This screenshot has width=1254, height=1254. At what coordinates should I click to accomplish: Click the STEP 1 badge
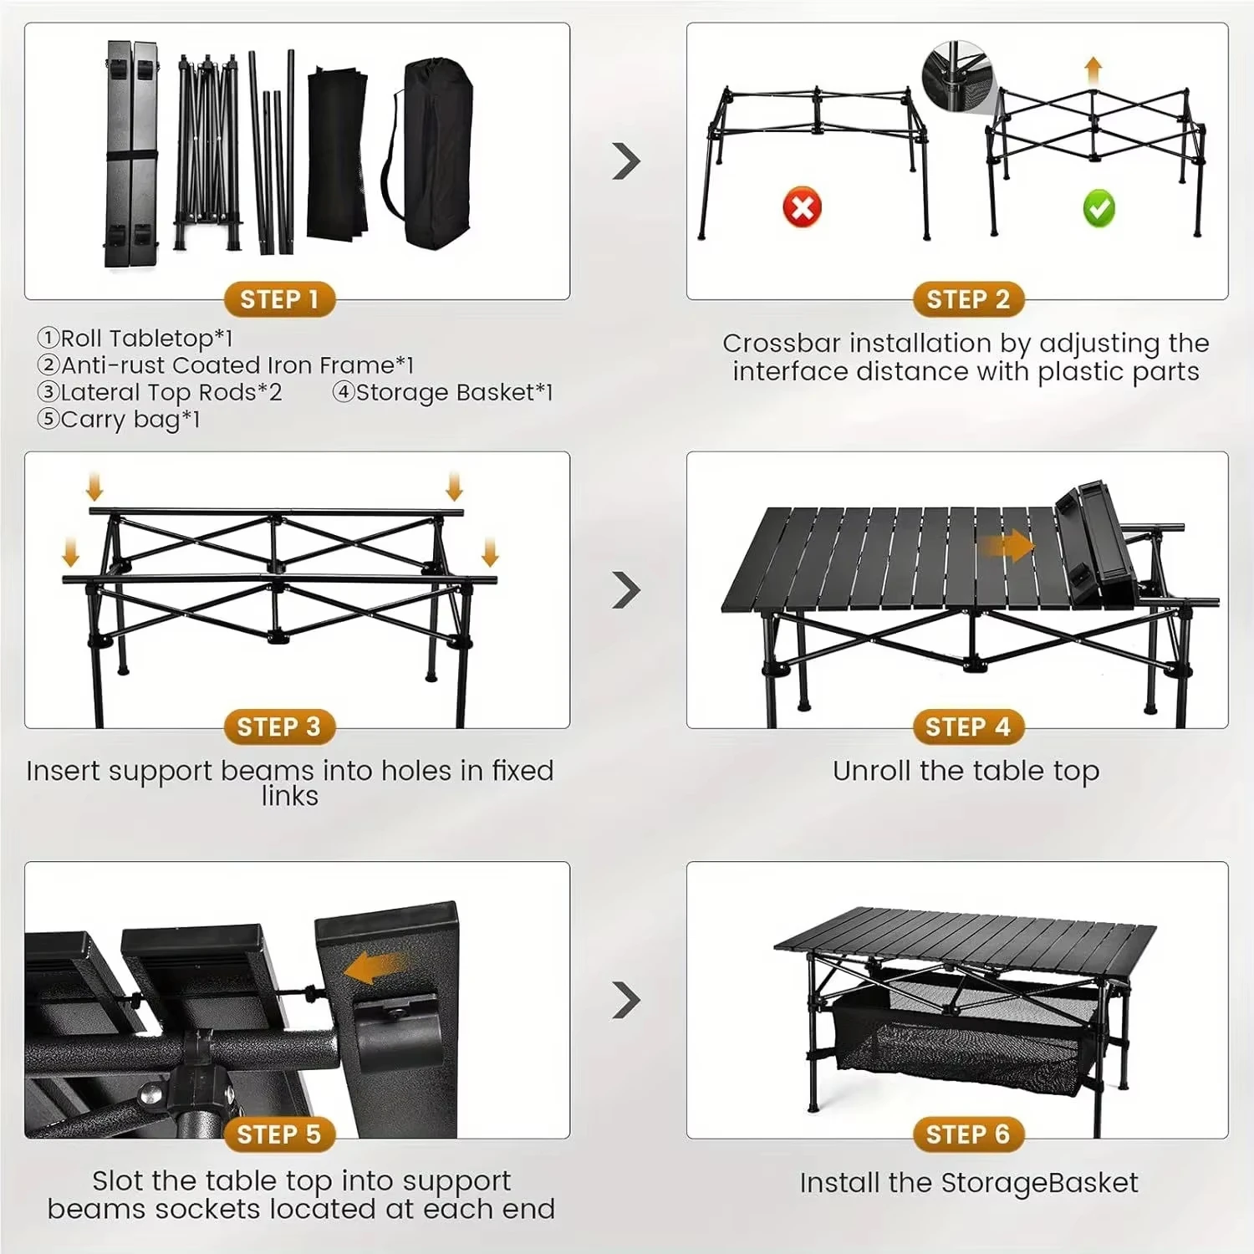(x=279, y=299)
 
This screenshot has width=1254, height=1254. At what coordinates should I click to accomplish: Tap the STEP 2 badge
(x=968, y=299)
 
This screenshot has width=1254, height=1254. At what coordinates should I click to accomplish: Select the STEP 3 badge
(x=279, y=727)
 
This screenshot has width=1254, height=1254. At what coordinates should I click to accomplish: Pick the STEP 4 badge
(x=968, y=727)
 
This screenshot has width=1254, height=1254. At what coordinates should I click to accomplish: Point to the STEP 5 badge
(x=279, y=1134)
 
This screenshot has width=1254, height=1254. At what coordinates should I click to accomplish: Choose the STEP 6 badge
(x=968, y=1134)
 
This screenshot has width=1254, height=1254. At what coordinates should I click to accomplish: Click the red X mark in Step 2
(x=802, y=206)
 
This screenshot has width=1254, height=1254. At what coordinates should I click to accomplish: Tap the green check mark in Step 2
(x=1099, y=208)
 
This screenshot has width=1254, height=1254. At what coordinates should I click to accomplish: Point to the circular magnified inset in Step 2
(x=956, y=75)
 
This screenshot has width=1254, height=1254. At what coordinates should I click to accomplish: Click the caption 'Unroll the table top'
(x=966, y=771)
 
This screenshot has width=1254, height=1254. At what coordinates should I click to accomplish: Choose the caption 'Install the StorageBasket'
(x=968, y=1183)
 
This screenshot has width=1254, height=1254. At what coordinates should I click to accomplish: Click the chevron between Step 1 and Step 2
(x=626, y=161)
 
